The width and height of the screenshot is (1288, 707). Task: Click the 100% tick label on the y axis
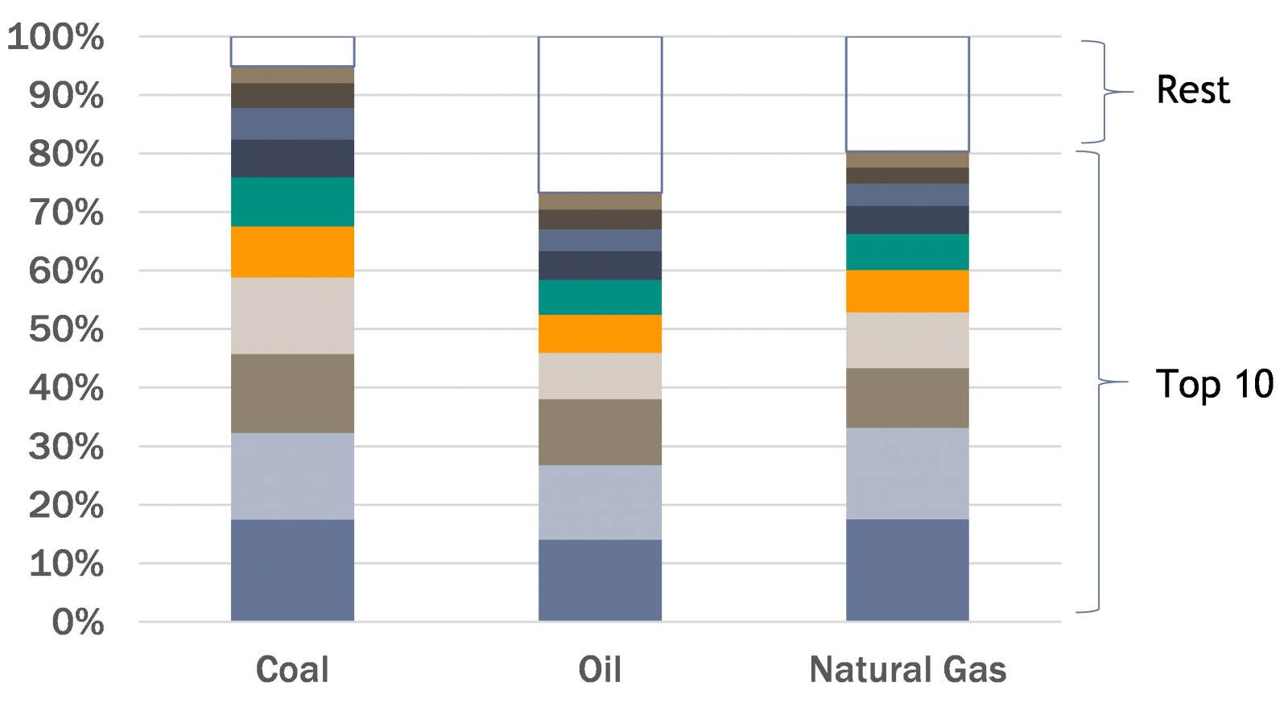56,37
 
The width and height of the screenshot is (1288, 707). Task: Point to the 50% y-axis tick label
66,329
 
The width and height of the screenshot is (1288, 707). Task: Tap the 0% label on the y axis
77,622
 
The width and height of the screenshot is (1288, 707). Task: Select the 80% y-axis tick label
66,154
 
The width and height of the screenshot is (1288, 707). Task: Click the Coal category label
292,669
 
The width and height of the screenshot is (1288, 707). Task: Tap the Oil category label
600,669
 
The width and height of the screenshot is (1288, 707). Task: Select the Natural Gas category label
907,669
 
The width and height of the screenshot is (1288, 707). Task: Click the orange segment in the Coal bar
292,252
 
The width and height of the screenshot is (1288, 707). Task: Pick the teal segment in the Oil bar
600,297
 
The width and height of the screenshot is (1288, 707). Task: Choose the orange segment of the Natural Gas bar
907,291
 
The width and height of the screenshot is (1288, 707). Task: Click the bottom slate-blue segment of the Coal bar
292,570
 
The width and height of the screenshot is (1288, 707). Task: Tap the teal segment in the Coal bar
292,201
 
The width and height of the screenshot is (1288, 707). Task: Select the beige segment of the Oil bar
600,376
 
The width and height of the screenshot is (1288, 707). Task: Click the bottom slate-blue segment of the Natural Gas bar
907,570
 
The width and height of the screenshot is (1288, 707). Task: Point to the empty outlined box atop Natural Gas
907,93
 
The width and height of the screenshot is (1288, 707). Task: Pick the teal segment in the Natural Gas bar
907,252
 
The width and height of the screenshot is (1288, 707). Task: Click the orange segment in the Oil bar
600,333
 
